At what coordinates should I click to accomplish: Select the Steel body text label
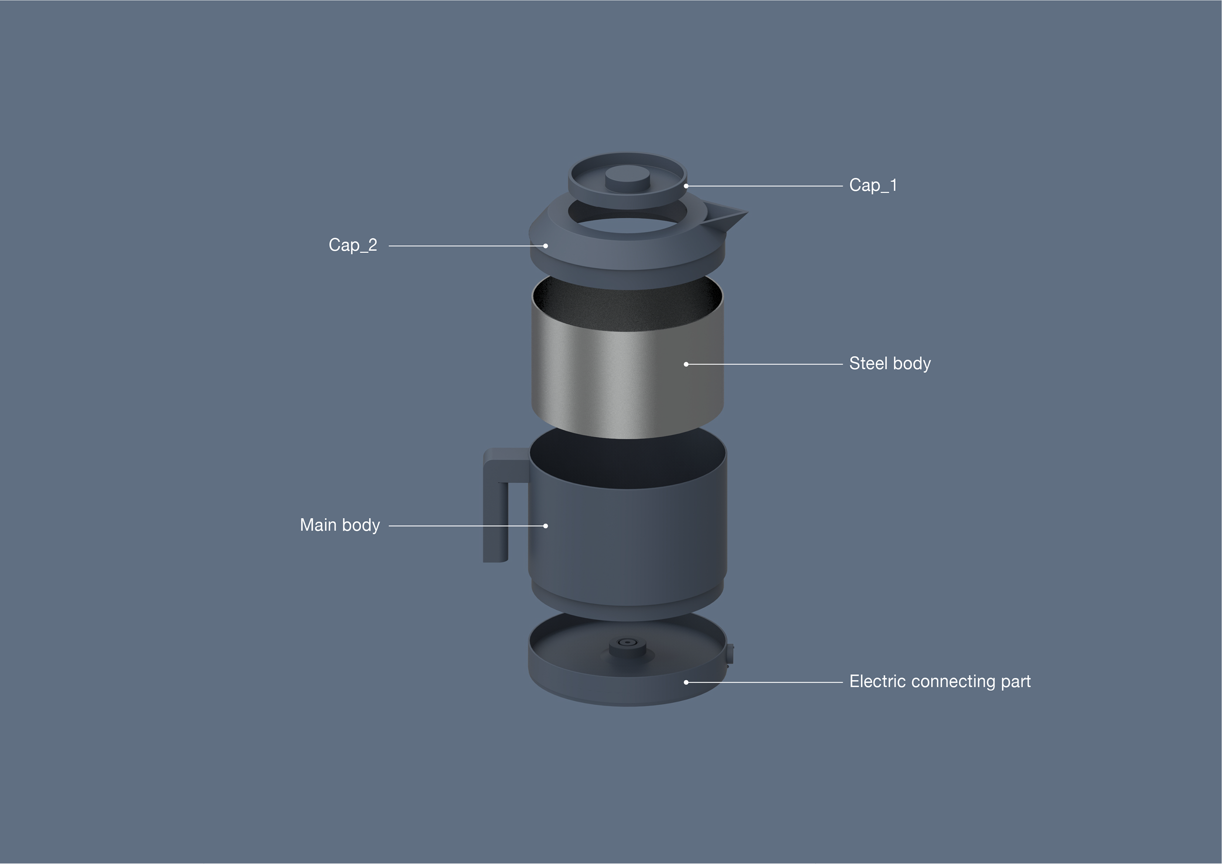pyautogui.click(x=890, y=363)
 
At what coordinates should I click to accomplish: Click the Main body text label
pyautogui.click(x=340, y=525)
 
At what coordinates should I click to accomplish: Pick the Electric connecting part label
pyautogui.click(x=939, y=682)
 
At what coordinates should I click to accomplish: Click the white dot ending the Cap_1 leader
pyautogui.click(x=686, y=186)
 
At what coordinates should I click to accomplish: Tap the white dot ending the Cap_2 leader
pyautogui.click(x=546, y=246)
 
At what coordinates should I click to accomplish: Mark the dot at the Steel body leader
pyautogui.click(x=686, y=364)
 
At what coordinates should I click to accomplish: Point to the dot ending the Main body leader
pyautogui.click(x=546, y=526)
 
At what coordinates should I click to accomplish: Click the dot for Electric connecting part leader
pyautogui.click(x=686, y=682)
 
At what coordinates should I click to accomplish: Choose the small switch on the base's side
pyautogui.click(x=730, y=653)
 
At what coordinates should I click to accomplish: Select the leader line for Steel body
pyautogui.click(x=766, y=364)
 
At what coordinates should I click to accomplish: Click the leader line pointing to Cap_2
pyautogui.click(x=463, y=246)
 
